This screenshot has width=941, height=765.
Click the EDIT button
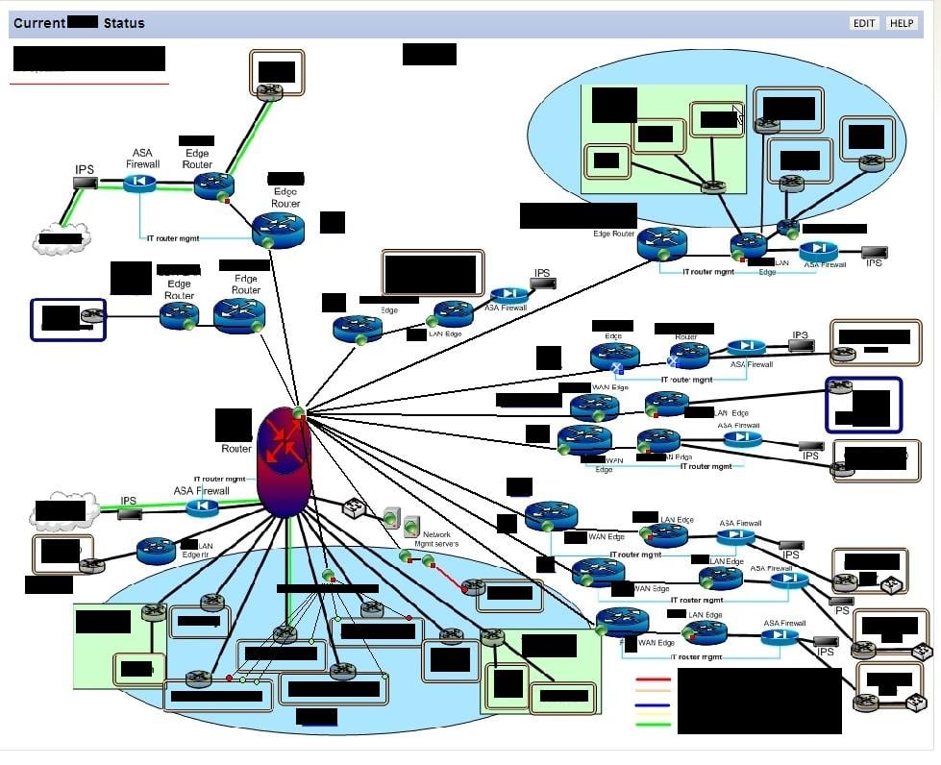point(864,23)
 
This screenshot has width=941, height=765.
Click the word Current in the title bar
point(39,23)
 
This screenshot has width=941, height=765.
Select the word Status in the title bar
point(124,23)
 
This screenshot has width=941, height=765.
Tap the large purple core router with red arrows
point(285,461)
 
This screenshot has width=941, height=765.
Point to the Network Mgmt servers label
point(436,538)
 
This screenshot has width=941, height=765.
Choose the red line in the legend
point(654,679)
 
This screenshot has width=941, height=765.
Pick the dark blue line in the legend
point(654,704)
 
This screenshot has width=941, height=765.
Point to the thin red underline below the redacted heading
point(88,85)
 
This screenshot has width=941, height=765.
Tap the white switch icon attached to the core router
point(353,506)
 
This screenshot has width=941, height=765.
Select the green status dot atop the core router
point(300,412)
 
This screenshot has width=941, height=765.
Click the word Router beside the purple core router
point(236,449)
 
